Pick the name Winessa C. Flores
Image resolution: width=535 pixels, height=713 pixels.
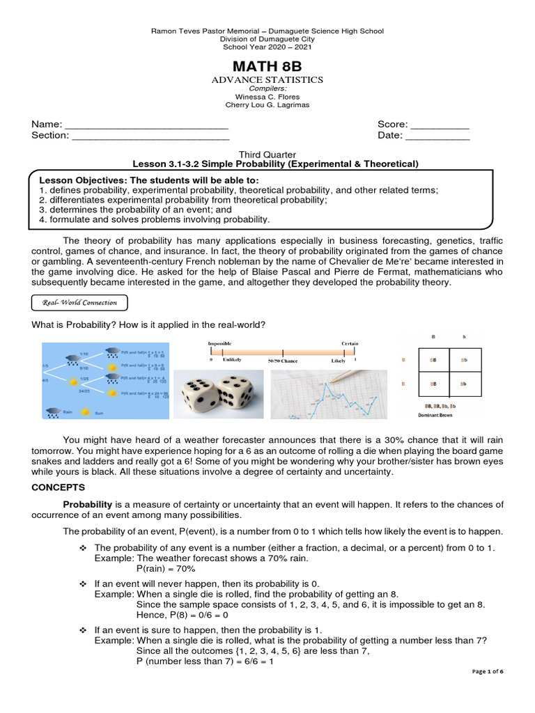click(x=267, y=97)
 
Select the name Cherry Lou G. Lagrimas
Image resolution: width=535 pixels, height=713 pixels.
click(x=267, y=105)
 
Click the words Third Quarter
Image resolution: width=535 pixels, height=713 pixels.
click(x=267, y=154)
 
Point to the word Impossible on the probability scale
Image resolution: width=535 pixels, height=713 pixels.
click(x=219, y=344)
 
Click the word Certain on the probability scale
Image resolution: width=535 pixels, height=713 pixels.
click(x=350, y=344)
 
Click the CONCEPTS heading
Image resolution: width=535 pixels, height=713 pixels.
click(x=58, y=487)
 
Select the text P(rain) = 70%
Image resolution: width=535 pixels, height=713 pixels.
click(x=166, y=569)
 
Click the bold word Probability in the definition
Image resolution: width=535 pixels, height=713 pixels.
click(x=88, y=503)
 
